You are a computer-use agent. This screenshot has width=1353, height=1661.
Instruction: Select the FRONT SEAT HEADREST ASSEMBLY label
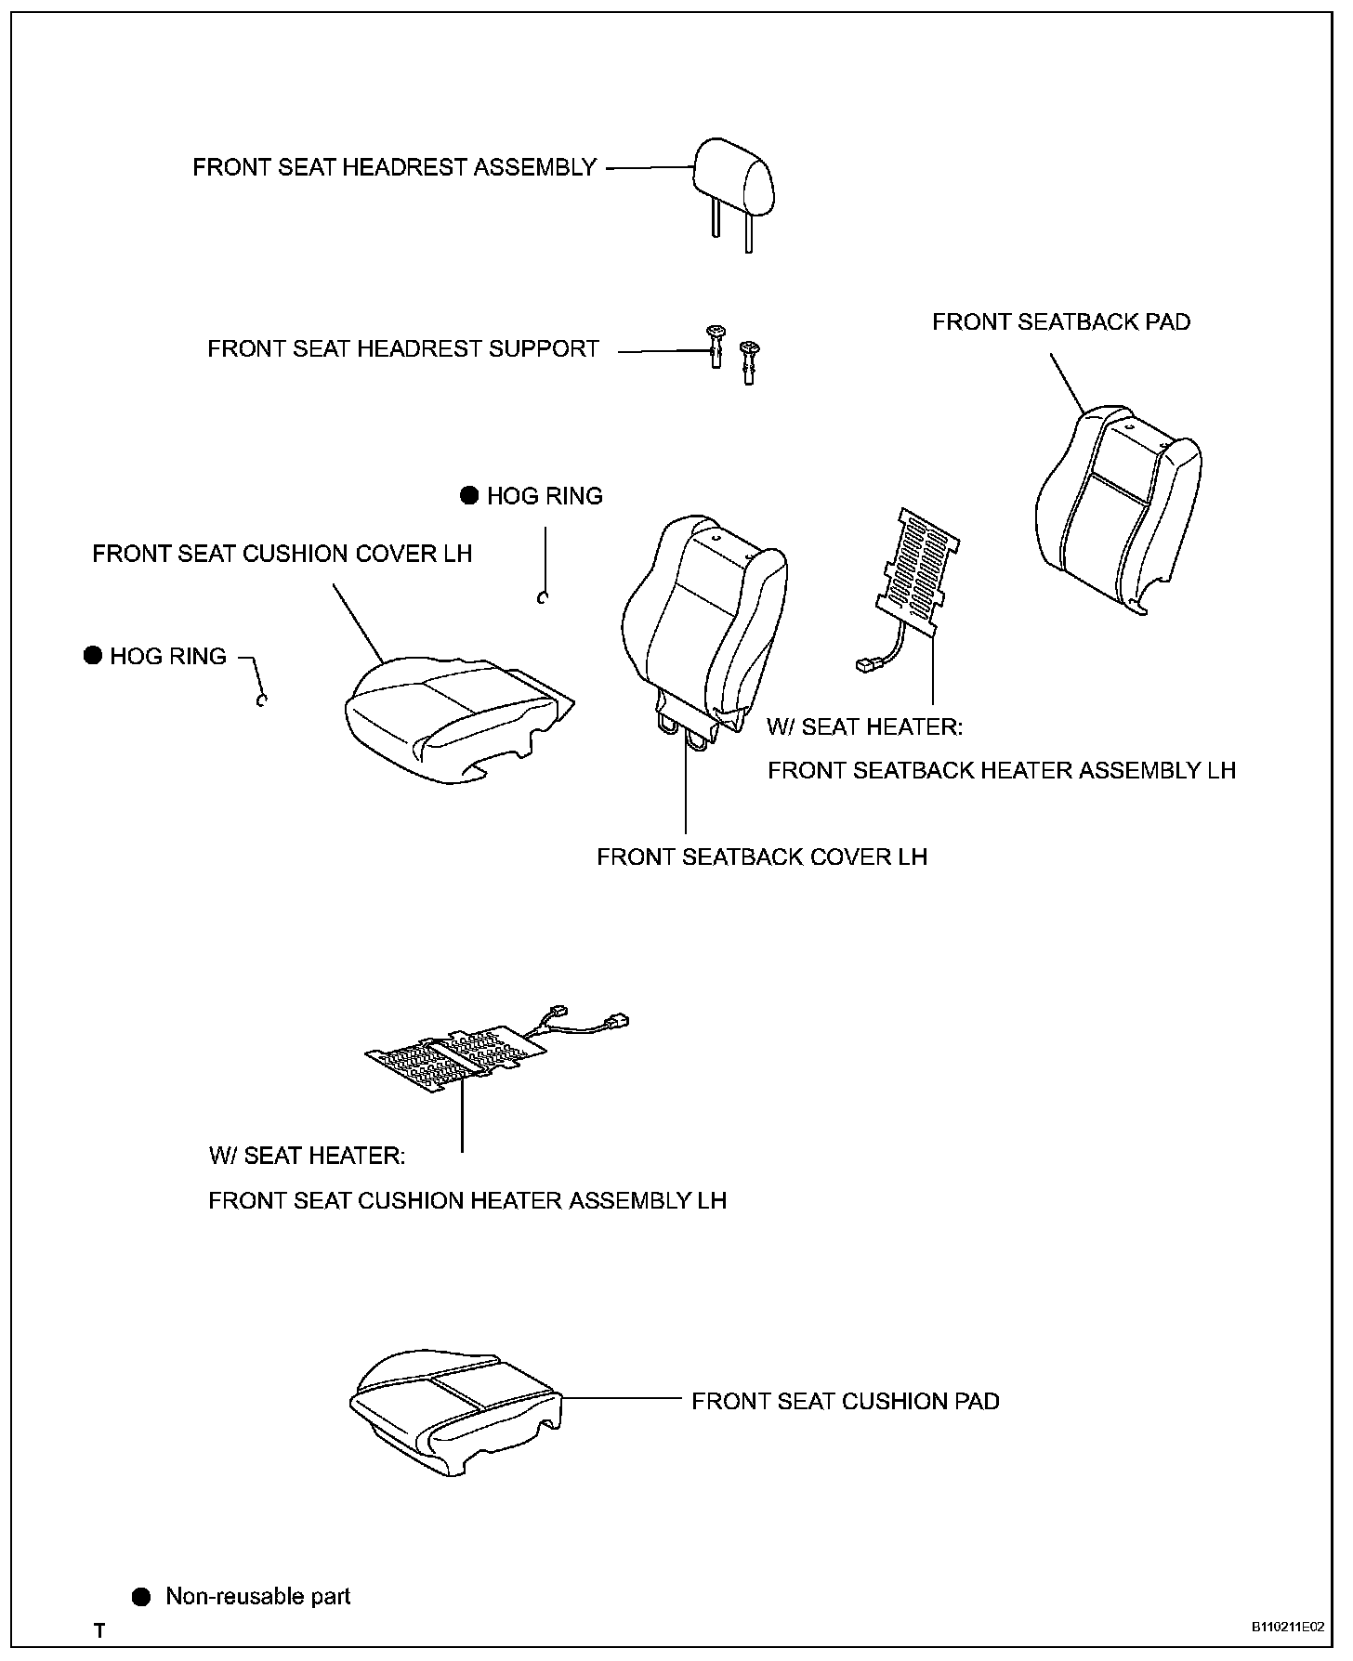(x=394, y=167)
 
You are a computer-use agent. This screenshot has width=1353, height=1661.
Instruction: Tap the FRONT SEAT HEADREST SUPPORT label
(x=403, y=349)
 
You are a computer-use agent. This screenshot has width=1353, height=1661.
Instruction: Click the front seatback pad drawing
(x=1117, y=506)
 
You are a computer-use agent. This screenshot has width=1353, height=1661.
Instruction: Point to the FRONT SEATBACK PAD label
(x=1061, y=322)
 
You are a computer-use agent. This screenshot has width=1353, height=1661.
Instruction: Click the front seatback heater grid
(x=918, y=569)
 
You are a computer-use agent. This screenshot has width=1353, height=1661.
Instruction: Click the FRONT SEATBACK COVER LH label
(x=762, y=857)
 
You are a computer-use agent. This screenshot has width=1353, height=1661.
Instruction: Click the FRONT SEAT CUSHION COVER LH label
(x=282, y=554)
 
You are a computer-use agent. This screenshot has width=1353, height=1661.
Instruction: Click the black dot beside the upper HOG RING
(x=470, y=496)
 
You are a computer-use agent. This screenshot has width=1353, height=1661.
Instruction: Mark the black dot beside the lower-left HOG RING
(x=93, y=656)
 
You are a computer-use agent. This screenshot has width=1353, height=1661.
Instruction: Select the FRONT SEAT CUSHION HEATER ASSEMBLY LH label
(x=467, y=1200)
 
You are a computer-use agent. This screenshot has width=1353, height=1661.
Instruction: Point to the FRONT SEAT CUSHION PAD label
(x=845, y=1401)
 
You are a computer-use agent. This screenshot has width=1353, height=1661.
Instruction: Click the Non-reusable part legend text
(x=258, y=1597)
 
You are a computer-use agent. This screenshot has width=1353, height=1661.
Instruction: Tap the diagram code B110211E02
(x=1287, y=1628)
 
